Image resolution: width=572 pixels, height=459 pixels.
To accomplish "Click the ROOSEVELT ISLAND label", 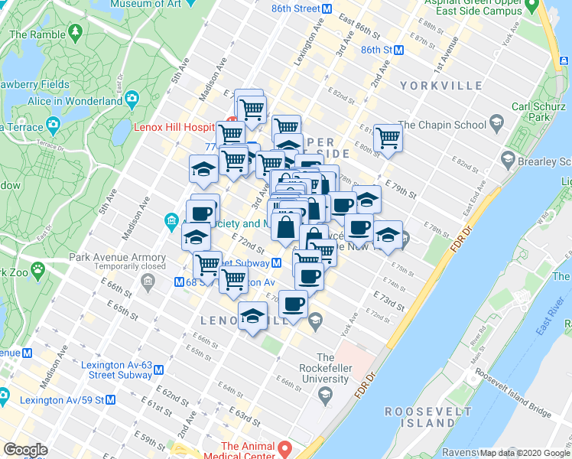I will [420, 416].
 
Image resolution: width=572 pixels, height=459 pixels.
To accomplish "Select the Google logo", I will [25, 450].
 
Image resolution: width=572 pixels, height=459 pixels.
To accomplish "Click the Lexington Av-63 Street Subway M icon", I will [158, 369].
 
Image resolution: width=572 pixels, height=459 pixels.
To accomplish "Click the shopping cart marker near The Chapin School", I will [388, 138].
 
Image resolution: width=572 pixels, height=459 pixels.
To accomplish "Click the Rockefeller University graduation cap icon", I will [325, 395].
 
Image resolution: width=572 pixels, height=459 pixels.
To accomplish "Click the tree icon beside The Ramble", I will [75, 32].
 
